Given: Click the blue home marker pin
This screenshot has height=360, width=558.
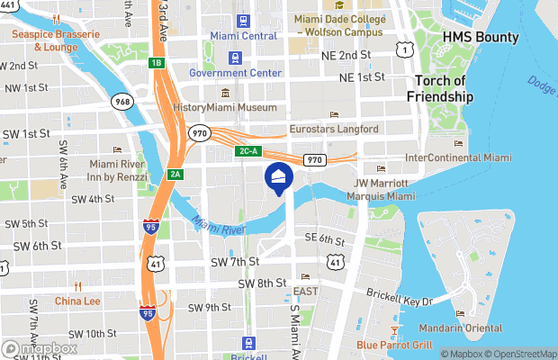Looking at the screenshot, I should [x=279, y=178].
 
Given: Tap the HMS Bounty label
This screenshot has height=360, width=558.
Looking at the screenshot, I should [x=481, y=38].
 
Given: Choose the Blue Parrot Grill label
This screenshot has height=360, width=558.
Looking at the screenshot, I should [x=394, y=345].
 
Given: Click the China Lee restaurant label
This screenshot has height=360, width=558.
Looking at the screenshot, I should [x=78, y=301].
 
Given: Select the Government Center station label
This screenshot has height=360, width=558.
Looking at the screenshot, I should [x=236, y=72].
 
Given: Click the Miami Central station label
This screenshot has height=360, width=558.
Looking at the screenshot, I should [x=243, y=35].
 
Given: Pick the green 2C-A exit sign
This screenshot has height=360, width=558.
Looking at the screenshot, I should [x=249, y=151].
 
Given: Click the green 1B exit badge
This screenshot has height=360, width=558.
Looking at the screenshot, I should [x=157, y=62].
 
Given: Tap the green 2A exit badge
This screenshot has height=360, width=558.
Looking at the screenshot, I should [x=175, y=174].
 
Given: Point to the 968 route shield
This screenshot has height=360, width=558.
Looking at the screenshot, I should [x=122, y=102].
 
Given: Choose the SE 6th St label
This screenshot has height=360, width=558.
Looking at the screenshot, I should [x=325, y=239].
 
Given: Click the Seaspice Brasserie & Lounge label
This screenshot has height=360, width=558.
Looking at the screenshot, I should [x=44, y=40].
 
